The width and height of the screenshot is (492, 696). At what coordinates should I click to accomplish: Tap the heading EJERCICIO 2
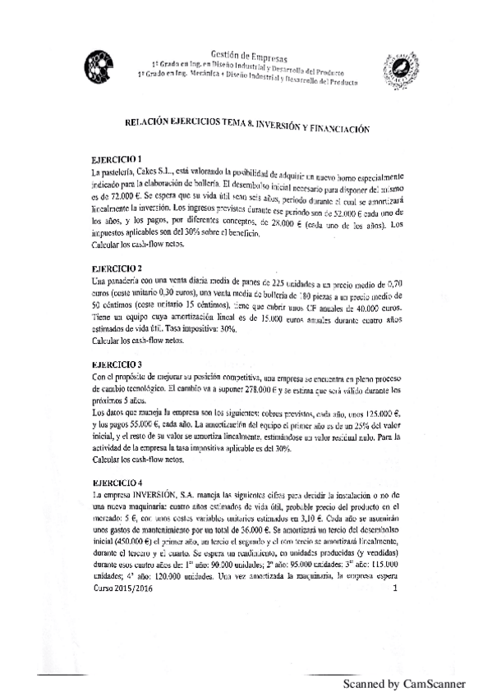pos(117,268)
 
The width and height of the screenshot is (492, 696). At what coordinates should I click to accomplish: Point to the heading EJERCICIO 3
pos(117,363)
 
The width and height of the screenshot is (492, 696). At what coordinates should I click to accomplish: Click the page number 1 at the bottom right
pos(396,588)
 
